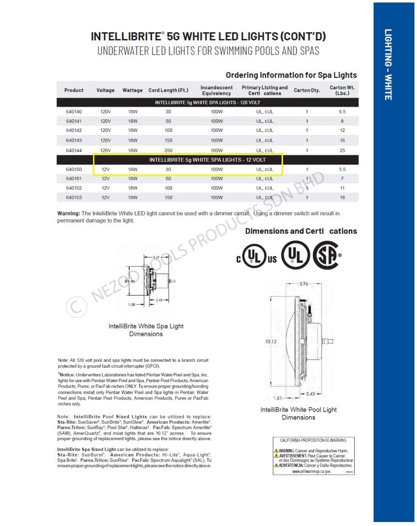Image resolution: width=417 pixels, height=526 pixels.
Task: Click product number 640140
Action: coord(74,112)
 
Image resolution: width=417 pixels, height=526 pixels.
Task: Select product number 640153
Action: coord(74,197)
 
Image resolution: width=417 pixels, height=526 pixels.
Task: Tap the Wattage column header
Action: coord(133,90)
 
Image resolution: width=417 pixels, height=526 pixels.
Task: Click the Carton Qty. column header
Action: coord(307,90)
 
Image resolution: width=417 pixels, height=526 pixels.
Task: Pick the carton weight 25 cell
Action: coord(342,150)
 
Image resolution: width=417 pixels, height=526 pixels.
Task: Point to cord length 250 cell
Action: coord(168,150)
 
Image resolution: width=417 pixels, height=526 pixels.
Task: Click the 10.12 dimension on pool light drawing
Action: coord(271,341)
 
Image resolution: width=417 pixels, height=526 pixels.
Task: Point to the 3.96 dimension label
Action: coord(303,283)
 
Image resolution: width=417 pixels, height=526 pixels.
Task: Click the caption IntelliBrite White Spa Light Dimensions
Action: coord(146,330)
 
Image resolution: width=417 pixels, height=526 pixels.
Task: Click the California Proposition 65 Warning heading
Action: coord(313,440)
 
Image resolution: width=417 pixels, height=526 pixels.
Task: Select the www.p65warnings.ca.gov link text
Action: coord(312,471)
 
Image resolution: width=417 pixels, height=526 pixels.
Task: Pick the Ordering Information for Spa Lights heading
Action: coord(291,75)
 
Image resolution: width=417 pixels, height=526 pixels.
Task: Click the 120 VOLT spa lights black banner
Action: coord(208,102)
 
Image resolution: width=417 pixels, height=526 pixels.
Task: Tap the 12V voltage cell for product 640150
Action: coord(106,169)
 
